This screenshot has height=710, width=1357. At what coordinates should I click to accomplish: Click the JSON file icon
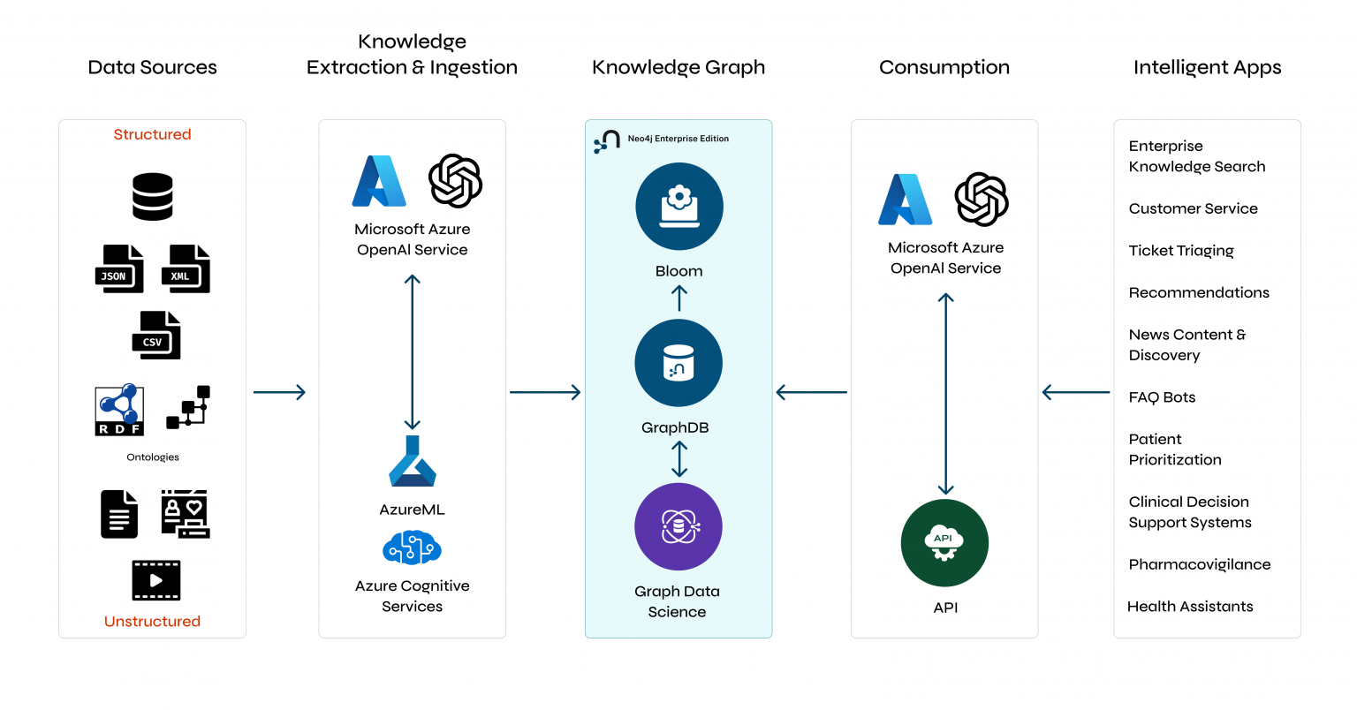pos(119,269)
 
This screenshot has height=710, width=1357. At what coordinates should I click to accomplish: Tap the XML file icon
pos(186,269)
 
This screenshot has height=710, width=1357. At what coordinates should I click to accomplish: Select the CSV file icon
pos(156,336)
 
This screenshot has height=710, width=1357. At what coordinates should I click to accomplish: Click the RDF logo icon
pos(119,410)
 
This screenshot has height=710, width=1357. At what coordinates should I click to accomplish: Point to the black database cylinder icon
pos(153,196)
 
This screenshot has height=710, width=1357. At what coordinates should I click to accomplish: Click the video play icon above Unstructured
pos(156,580)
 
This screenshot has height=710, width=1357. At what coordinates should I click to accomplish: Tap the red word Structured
pos(152,134)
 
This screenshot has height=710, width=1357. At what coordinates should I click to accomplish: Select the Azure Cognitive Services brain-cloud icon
pos(412,548)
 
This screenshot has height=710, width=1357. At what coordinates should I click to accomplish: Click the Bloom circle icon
pos(678,207)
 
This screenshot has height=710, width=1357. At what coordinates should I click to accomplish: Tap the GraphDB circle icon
pos(678,363)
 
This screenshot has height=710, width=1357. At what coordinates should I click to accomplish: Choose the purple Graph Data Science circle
pos(678,527)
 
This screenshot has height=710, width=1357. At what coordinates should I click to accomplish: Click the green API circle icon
pos(944,543)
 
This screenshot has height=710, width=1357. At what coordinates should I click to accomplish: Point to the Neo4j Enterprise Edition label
pos(678,139)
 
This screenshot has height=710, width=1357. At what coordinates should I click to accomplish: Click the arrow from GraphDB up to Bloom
pos(678,298)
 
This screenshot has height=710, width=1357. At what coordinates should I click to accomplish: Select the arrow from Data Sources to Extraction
pos(279,392)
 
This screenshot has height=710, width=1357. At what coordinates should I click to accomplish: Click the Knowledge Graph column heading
pos(678,67)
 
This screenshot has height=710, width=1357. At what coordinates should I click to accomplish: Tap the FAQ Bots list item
pos(1162,397)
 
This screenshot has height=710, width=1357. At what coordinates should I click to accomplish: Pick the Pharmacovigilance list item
pos(1199,564)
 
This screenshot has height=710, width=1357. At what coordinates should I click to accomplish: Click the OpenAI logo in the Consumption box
pos(982,200)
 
